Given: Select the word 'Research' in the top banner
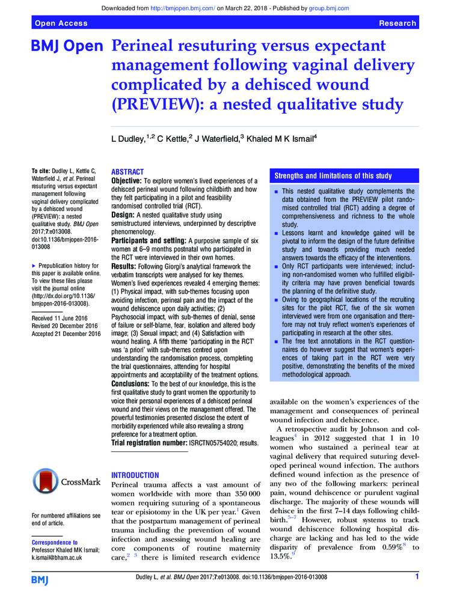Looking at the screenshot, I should click(397, 23).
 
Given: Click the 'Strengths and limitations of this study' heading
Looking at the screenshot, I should click(333, 176).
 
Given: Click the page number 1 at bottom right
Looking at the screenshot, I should click(417, 578).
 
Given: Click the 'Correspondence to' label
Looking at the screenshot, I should click(55, 542).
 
